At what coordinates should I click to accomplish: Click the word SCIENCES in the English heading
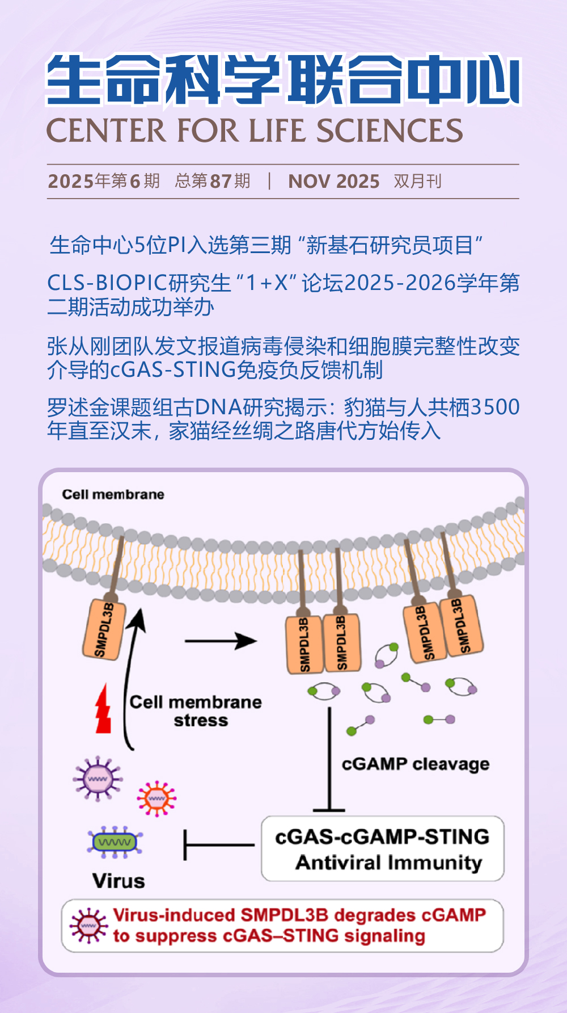[x=390, y=131]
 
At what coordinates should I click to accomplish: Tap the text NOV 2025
[x=333, y=182]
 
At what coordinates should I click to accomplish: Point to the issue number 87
[x=221, y=182]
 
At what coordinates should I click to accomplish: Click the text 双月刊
[x=417, y=182]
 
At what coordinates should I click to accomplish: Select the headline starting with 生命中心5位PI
[x=266, y=245]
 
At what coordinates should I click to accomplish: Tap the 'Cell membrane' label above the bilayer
[x=113, y=495]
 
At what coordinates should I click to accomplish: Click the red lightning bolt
[x=103, y=709]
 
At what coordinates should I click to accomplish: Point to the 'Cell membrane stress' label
[x=196, y=711]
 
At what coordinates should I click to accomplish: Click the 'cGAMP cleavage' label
[x=415, y=764]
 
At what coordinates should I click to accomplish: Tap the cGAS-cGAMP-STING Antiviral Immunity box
[x=383, y=849]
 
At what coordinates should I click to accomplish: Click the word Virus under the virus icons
[x=119, y=881]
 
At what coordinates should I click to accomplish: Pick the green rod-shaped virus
[x=115, y=842]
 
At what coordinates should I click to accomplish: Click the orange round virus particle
[x=156, y=798]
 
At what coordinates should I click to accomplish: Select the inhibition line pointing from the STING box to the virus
[x=218, y=845]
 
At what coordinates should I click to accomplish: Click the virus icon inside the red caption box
[x=88, y=926]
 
